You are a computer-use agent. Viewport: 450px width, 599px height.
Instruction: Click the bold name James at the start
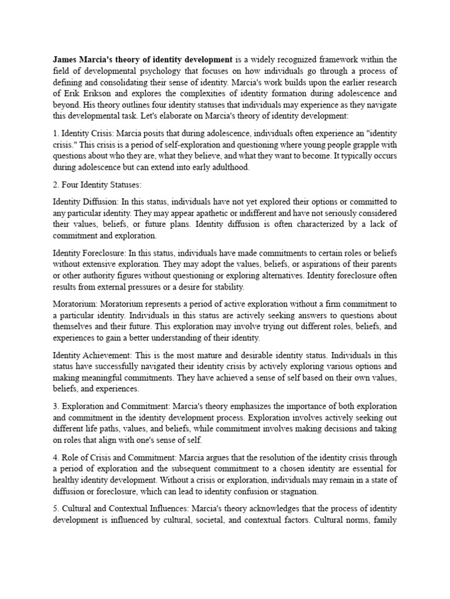66,59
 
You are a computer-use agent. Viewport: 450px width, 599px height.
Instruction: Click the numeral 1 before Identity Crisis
55,133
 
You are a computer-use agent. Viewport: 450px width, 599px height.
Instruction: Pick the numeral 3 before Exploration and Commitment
55,406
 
